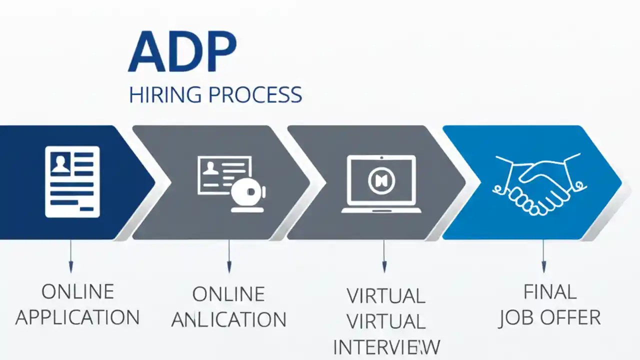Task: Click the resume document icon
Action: click(x=72, y=181)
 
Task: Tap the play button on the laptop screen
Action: click(x=381, y=180)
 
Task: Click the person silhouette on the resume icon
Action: click(x=61, y=163)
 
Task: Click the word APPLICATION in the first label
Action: click(x=77, y=317)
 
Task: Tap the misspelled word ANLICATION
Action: click(x=228, y=319)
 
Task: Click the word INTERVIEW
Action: click(x=386, y=347)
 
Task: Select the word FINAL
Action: click(x=549, y=292)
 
